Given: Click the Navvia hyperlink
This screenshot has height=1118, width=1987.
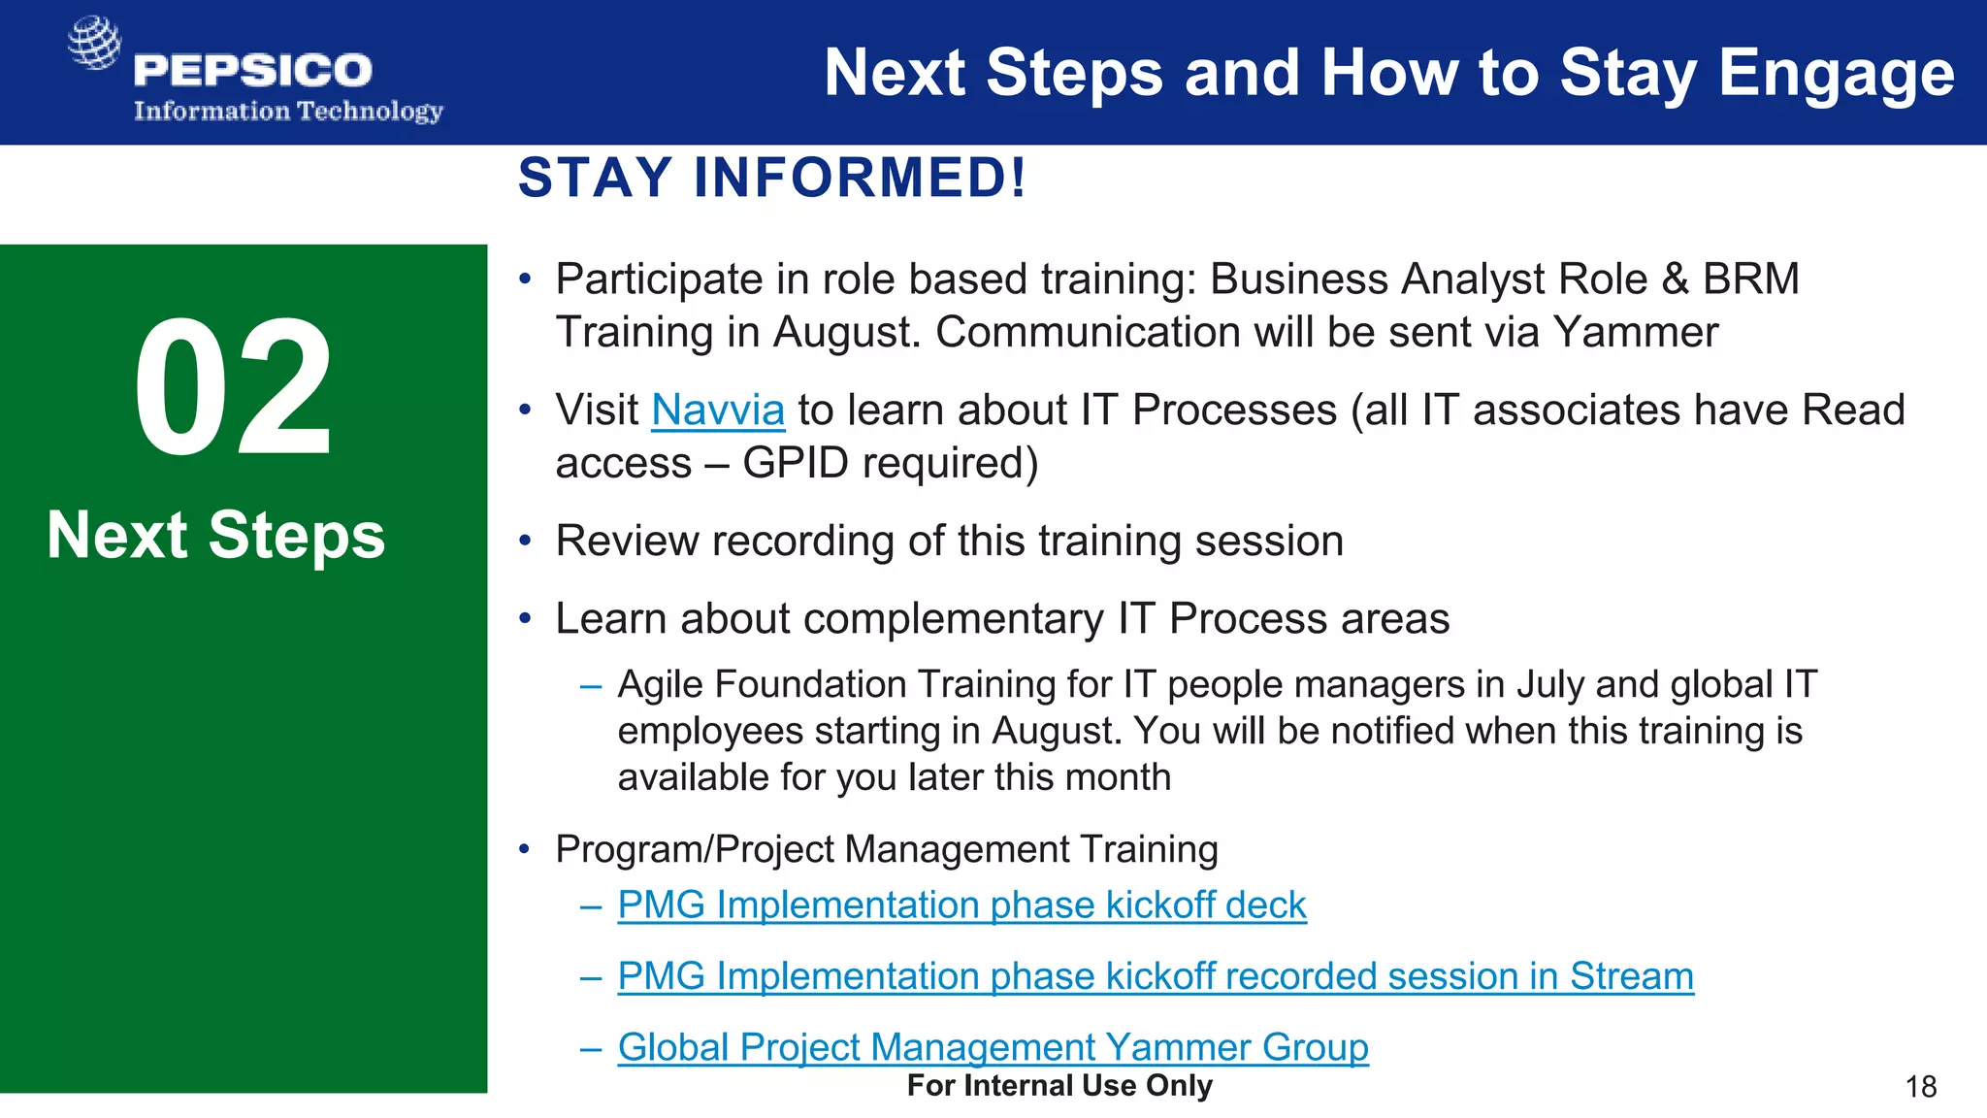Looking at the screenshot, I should pos(717,411).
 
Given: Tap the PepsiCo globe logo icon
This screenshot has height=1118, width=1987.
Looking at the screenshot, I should pos(94,43).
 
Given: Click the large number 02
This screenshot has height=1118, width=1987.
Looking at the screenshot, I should pos(234,388).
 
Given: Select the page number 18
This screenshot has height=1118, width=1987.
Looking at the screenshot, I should pos(1920,1086).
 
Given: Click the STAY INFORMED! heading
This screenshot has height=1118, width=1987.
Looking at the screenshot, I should pos(771,178).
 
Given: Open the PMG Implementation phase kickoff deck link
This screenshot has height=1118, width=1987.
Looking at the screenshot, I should pos(961,904).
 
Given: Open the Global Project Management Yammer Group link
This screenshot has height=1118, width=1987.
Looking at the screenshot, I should pos(993,1047).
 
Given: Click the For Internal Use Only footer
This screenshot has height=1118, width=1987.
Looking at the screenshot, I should pos(1059,1086).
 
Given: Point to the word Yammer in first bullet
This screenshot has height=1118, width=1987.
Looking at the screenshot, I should pos(1635,333).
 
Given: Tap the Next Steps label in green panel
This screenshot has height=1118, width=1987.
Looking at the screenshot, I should pos(215,535).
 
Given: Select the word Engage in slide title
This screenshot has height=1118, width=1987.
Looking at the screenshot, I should pos(1836,74).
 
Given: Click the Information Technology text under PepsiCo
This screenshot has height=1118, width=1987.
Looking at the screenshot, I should pos(288,112).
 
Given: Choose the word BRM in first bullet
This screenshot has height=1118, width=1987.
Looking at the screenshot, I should pos(1750,279).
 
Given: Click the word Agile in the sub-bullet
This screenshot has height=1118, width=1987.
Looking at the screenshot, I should pos(660,685).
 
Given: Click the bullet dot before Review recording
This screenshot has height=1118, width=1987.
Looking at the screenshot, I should pos(525,542).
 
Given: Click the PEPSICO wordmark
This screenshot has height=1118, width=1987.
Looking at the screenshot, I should pos(252,70).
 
